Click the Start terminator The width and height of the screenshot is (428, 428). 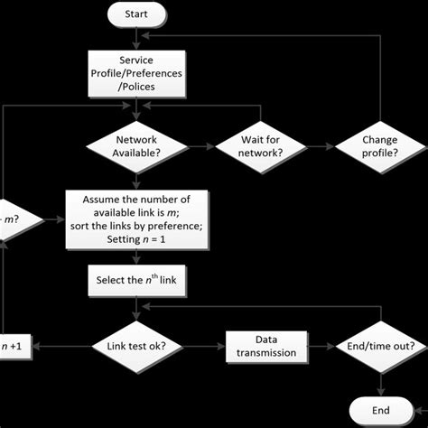point(136,14)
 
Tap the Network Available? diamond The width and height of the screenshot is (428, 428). point(136,146)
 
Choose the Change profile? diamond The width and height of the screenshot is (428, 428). point(379,146)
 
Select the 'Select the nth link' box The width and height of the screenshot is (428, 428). point(136,280)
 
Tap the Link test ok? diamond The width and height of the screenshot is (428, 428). point(136,346)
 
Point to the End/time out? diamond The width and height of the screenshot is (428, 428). point(379,346)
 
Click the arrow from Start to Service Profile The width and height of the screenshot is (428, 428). point(136,38)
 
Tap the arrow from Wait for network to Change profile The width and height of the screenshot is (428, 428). point(321,146)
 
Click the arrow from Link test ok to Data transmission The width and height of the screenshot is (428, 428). point(200,346)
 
